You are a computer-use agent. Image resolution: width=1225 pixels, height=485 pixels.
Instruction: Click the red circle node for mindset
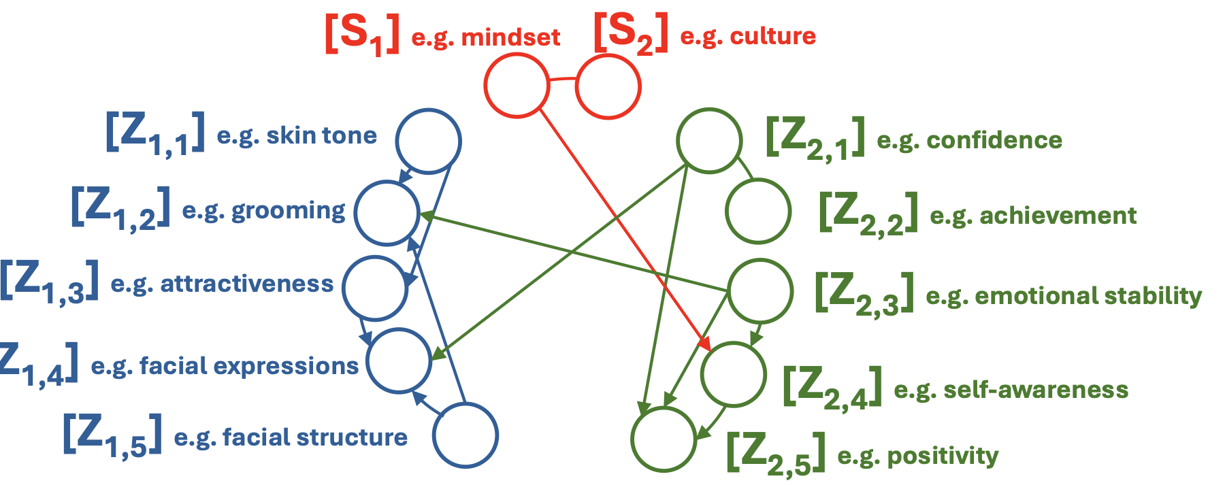click(517, 86)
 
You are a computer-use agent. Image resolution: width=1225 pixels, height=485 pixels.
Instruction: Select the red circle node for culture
click(608, 87)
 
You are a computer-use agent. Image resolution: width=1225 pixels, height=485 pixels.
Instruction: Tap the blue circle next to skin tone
click(429, 141)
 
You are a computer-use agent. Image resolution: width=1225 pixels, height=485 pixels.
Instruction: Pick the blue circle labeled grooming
click(387, 213)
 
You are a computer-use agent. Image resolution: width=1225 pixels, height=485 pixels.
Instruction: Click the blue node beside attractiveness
click(375, 288)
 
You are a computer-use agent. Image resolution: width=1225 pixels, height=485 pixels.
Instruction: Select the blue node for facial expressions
click(399, 361)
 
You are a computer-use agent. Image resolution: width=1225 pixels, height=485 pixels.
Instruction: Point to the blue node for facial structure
click(465, 435)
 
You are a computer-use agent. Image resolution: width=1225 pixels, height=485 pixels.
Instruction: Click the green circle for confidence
click(709, 140)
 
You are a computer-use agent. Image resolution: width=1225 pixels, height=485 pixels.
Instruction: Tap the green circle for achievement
click(758, 212)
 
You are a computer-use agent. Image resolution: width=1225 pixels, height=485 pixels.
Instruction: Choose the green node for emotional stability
click(761, 290)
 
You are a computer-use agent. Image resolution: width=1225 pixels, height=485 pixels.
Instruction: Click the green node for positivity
click(664, 439)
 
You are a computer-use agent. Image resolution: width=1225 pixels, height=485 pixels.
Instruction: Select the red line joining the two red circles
click(562, 80)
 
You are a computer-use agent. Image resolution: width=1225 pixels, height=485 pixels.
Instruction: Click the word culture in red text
click(772, 36)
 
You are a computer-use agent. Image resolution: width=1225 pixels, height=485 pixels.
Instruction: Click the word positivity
click(943, 456)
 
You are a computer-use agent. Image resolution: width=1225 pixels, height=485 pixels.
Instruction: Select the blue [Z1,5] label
click(113, 436)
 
